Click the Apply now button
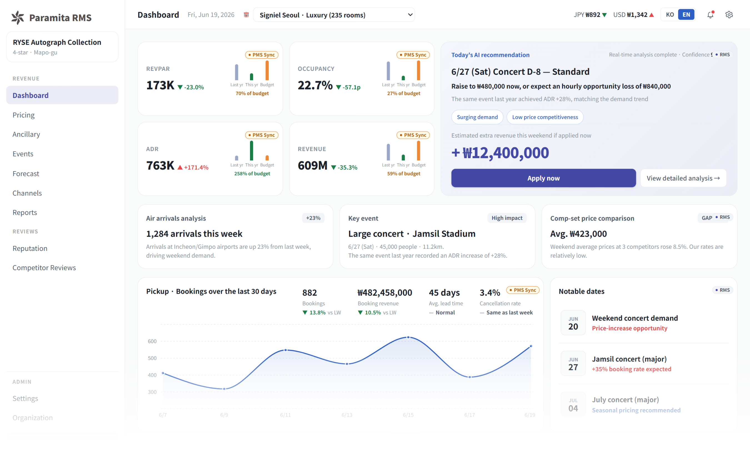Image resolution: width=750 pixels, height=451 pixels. pyautogui.click(x=543, y=178)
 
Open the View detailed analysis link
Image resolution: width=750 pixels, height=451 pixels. pyautogui.click(x=683, y=178)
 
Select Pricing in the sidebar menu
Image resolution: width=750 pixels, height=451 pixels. pyautogui.click(x=24, y=115)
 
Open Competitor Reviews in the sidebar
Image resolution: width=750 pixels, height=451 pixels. pyautogui.click(x=44, y=267)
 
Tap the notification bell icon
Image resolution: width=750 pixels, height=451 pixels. pyautogui.click(x=710, y=14)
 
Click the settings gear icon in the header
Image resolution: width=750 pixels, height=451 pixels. pyautogui.click(x=729, y=14)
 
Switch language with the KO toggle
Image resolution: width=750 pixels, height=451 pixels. pyautogui.click(x=670, y=14)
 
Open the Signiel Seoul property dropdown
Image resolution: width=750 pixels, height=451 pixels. pyautogui.click(x=334, y=15)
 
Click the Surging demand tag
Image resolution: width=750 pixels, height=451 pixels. pyautogui.click(x=477, y=117)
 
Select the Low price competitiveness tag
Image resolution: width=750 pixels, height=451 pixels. pyautogui.click(x=545, y=117)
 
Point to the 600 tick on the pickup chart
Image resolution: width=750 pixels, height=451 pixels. pyautogui.click(x=152, y=341)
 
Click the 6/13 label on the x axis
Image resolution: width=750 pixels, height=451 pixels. pyautogui.click(x=347, y=415)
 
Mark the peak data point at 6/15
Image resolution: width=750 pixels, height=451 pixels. pyautogui.click(x=408, y=337)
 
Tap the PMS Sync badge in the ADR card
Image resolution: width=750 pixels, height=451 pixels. pyautogui.click(x=262, y=135)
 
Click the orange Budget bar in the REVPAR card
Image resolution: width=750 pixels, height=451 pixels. pyautogui.click(x=267, y=70)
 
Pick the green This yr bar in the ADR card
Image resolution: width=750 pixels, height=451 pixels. pyautogui.click(x=251, y=151)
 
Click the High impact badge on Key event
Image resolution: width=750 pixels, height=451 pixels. pyautogui.click(x=507, y=218)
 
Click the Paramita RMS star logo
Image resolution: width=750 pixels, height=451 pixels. pyautogui.click(x=17, y=17)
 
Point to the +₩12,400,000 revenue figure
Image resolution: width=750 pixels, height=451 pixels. pyautogui.click(x=500, y=153)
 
